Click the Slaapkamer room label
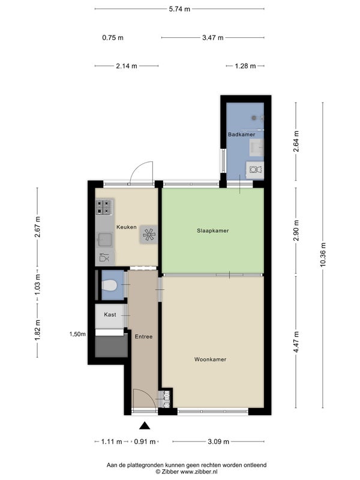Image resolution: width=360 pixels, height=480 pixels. (213, 230)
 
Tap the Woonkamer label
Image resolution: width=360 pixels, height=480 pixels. (211, 359)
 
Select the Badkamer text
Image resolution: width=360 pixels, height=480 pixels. (242, 134)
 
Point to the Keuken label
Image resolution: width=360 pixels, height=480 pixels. (127, 227)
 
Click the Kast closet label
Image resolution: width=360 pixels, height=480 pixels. (110, 314)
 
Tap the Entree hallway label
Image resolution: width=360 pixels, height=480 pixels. (143, 337)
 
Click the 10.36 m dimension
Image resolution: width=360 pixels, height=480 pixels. (323, 254)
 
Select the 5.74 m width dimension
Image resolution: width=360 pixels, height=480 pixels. (179, 9)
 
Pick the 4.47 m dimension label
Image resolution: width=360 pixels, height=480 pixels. (296, 342)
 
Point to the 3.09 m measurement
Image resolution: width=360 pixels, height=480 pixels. (218, 442)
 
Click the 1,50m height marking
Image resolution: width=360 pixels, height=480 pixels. (77, 334)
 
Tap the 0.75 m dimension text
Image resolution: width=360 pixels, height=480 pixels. (113, 38)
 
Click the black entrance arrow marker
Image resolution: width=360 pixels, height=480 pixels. (145, 425)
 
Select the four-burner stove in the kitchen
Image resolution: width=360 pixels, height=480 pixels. (103, 207)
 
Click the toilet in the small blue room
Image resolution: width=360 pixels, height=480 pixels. (109, 286)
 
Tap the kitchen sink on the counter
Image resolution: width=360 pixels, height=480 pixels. (104, 239)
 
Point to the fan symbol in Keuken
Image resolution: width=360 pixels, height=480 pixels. (149, 235)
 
